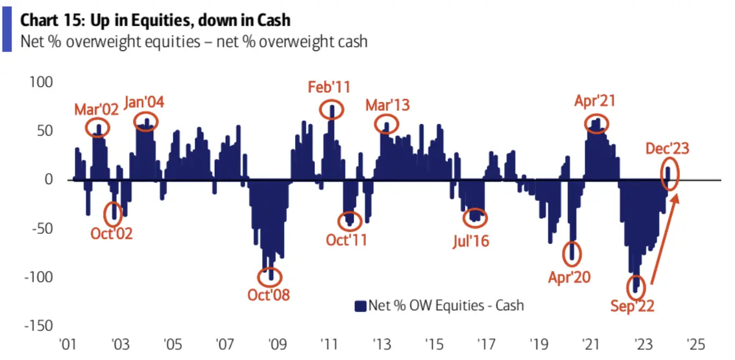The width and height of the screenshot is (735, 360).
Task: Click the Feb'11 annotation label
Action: (x=329, y=88)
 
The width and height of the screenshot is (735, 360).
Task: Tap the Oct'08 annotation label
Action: (x=268, y=295)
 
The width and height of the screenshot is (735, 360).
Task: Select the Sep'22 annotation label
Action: (x=632, y=306)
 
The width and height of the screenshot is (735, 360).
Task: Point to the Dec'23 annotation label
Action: (x=667, y=149)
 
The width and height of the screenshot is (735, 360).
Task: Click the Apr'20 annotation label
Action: (x=569, y=277)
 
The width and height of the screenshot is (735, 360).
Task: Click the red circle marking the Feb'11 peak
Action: (x=332, y=109)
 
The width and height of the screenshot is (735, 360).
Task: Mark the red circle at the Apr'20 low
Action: (x=572, y=252)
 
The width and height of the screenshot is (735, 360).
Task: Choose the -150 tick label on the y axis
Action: (x=37, y=326)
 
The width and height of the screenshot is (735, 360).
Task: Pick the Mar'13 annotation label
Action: (x=387, y=105)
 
